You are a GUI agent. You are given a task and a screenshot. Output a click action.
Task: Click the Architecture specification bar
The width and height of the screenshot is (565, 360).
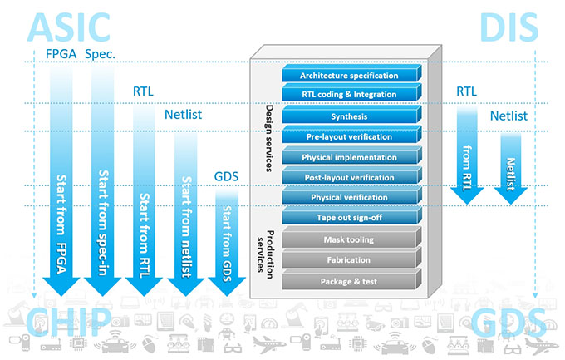point(349,76)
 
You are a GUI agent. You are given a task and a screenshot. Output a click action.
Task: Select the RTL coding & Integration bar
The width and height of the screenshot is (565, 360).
point(349,94)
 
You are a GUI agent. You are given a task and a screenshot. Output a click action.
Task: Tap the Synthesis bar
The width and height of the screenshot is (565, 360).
point(349,117)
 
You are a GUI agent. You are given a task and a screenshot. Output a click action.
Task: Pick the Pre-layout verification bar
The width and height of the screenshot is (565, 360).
point(349,136)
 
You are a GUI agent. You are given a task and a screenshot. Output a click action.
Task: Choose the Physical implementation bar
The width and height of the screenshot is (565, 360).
point(349,157)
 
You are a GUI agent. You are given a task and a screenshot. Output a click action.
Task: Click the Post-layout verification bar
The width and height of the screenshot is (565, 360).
point(349,176)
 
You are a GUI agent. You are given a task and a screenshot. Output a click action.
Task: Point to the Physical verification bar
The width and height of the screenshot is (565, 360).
point(349,197)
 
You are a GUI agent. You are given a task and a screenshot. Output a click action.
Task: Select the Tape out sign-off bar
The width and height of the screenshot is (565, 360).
point(349,217)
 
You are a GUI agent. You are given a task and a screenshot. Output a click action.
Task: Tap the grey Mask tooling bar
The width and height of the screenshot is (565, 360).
point(349,239)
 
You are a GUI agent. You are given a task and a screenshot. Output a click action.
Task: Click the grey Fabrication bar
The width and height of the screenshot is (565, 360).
point(349,260)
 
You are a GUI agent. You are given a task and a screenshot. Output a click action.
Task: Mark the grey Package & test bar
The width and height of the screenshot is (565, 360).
point(349,281)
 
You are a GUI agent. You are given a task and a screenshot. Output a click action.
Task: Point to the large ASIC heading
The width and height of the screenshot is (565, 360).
point(69,27)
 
